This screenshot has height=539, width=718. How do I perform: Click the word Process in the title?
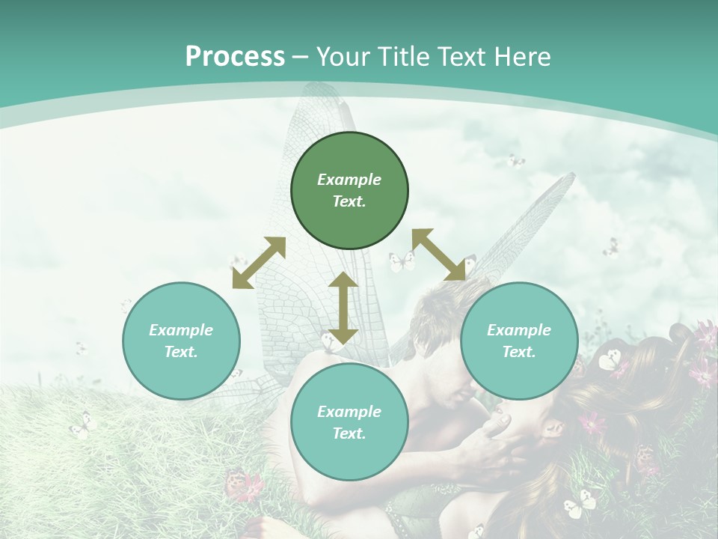(235, 56)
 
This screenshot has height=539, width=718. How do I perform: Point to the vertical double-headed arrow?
(343, 308)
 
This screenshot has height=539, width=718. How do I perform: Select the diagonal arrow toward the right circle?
(439, 255)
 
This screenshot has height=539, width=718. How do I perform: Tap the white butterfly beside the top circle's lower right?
(402, 261)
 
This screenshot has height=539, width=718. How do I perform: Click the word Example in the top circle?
(349, 180)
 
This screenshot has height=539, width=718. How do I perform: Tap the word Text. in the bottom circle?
(349, 433)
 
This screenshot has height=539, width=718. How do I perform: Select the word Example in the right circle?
(519, 330)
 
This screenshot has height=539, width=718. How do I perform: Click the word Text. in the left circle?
(181, 352)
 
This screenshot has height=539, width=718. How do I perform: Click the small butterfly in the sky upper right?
(515, 160)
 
